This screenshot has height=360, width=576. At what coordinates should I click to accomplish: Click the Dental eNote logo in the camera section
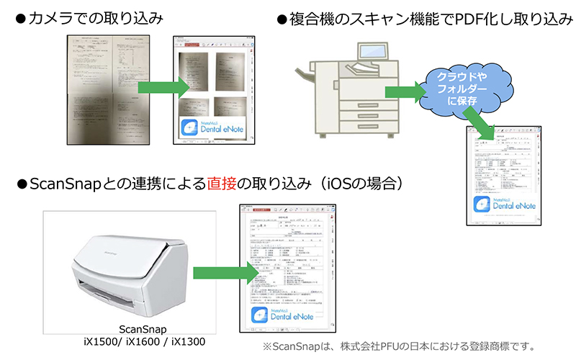click(212, 128)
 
